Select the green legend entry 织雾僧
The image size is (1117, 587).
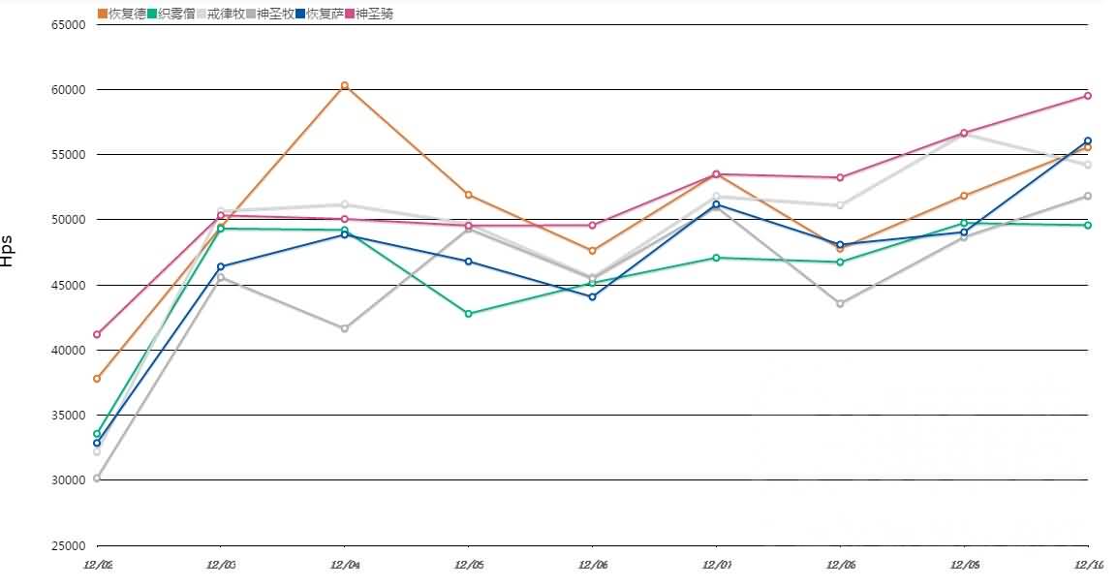pyautogui.click(x=170, y=14)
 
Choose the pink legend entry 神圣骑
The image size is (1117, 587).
pyautogui.click(x=368, y=14)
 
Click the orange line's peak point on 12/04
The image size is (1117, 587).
pyautogui.click(x=344, y=86)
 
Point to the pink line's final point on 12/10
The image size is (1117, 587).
pyautogui.click(x=1088, y=96)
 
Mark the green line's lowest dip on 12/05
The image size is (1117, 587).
pyautogui.click(x=468, y=314)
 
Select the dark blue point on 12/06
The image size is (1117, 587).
pyautogui.click(x=592, y=296)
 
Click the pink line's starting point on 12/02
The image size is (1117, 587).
pyautogui.click(x=97, y=334)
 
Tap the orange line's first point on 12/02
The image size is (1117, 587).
pyautogui.click(x=97, y=379)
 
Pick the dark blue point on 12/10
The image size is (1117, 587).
pyautogui.click(x=1088, y=141)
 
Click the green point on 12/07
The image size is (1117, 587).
pyautogui.click(x=716, y=258)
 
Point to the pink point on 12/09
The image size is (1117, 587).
pyautogui.click(x=964, y=133)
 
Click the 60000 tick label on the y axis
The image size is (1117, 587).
pyautogui.click(x=69, y=90)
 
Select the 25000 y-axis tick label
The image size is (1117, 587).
pyautogui.click(x=69, y=545)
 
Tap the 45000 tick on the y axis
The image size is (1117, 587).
pyautogui.click(x=69, y=286)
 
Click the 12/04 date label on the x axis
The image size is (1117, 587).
pyautogui.click(x=344, y=565)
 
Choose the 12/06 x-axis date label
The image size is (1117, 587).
pyautogui.click(x=592, y=565)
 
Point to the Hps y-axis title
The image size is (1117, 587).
pyautogui.click(x=8, y=250)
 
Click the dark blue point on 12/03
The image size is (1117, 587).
pyautogui.click(x=221, y=266)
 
